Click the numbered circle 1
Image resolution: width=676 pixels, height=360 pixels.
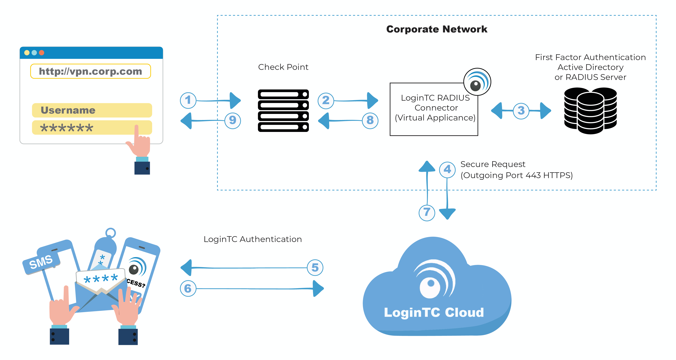tap(188, 100)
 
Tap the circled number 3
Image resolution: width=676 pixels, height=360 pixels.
tap(521, 111)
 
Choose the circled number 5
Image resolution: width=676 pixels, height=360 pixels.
tap(315, 268)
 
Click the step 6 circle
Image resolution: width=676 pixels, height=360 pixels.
tap(188, 288)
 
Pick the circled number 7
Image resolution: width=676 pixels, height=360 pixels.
tap(427, 212)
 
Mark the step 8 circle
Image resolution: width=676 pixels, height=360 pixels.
tap(370, 120)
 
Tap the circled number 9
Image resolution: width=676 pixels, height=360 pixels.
tap(233, 120)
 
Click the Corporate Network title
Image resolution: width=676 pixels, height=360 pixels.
tap(437, 29)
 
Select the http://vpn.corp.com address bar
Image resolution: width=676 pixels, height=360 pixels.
tap(90, 71)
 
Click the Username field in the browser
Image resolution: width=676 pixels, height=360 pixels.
tap(92, 110)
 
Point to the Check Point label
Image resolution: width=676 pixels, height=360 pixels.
tap(283, 67)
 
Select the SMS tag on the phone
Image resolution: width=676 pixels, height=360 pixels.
tap(41, 262)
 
